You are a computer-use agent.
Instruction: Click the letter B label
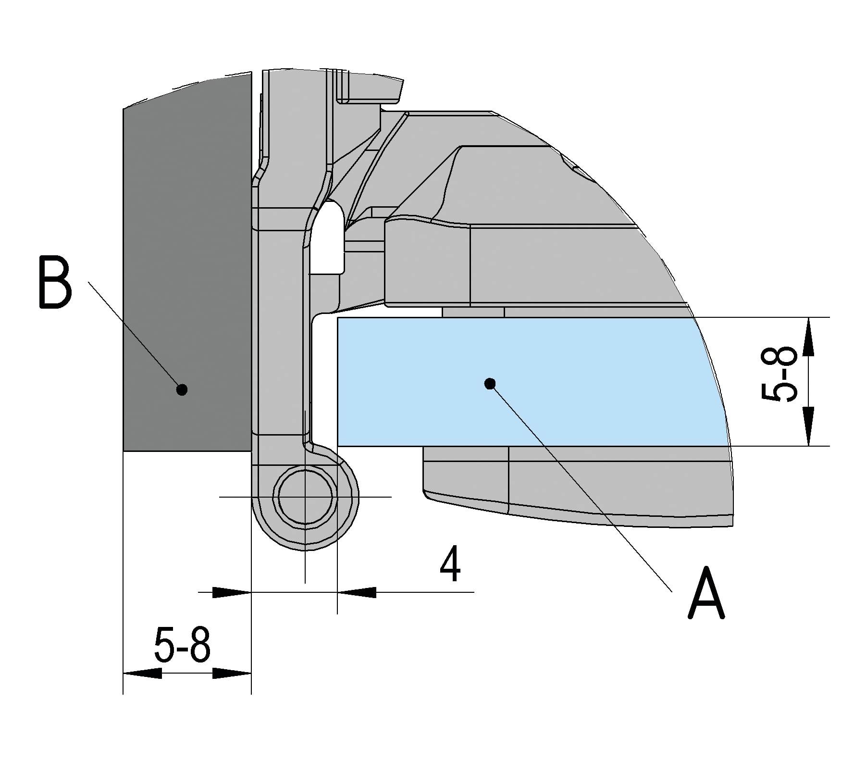[55, 284]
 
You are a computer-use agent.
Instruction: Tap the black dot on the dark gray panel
[182, 389]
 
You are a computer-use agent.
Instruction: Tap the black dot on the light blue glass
[490, 383]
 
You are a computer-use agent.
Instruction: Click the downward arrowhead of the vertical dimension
[808, 428]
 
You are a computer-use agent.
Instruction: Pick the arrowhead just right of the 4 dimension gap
[356, 592]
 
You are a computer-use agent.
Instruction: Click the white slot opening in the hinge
[327, 238]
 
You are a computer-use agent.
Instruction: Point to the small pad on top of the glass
[473, 312]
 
